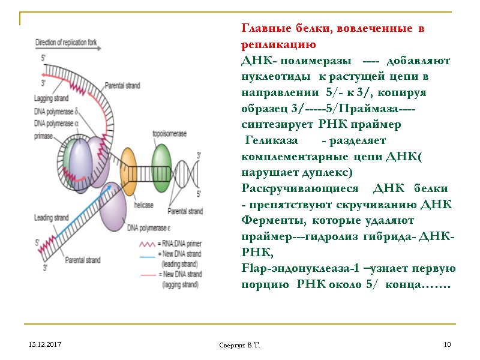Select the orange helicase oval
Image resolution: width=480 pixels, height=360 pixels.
129,171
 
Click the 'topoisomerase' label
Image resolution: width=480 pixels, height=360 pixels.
168,134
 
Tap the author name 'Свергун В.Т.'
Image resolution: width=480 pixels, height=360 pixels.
239,346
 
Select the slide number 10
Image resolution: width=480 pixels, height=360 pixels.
446,345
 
